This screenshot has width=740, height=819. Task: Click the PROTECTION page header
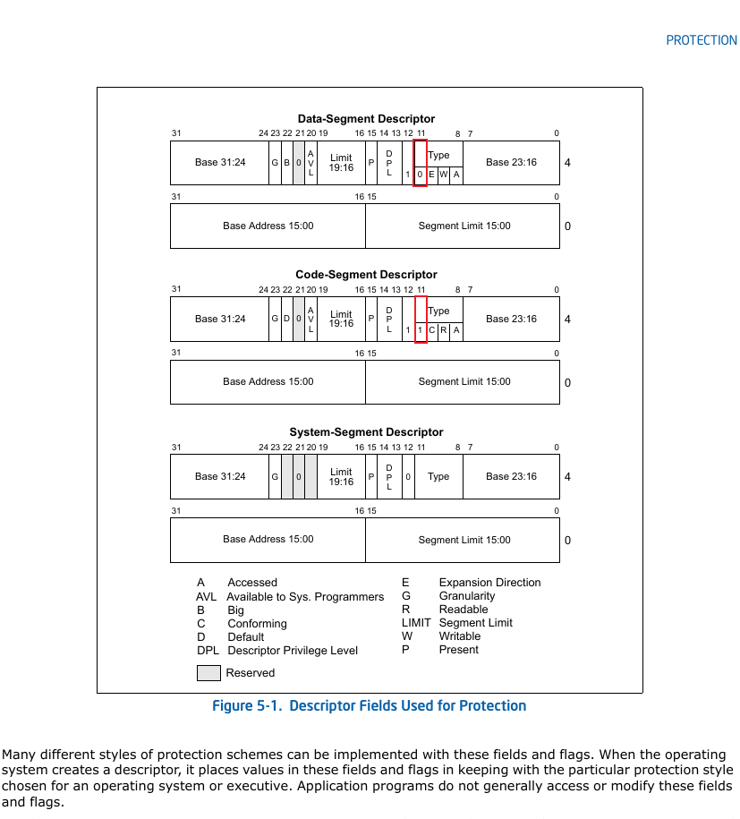point(702,40)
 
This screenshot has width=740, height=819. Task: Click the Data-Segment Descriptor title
point(366,118)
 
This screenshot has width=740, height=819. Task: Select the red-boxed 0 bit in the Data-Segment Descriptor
point(420,175)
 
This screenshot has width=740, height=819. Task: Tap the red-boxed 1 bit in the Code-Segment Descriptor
point(420,330)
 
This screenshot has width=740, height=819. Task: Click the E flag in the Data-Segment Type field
point(432,175)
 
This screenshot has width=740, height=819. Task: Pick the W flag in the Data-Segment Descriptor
point(443,175)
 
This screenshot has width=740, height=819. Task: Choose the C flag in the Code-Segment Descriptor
point(432,330)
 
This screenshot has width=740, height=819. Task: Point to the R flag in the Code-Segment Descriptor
point(443,330)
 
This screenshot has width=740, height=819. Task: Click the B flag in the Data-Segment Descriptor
point(286,162)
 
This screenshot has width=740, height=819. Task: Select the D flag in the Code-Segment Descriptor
point(286,318)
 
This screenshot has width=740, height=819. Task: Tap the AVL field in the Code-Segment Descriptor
point(310,320)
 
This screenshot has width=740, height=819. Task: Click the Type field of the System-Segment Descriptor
point(438,476)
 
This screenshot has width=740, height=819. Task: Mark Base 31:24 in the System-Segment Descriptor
point(220,476)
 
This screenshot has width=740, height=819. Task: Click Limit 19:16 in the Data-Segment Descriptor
point(341,162)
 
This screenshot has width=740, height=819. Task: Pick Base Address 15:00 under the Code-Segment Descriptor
point(268,381)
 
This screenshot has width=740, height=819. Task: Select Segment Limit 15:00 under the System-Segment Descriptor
point(464,540)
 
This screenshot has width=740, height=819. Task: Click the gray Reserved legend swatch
point(208,673)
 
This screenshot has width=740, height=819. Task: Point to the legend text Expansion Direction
point(489,583)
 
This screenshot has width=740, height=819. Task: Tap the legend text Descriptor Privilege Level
point(293,651)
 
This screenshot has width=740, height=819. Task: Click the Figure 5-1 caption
point(370,705)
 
